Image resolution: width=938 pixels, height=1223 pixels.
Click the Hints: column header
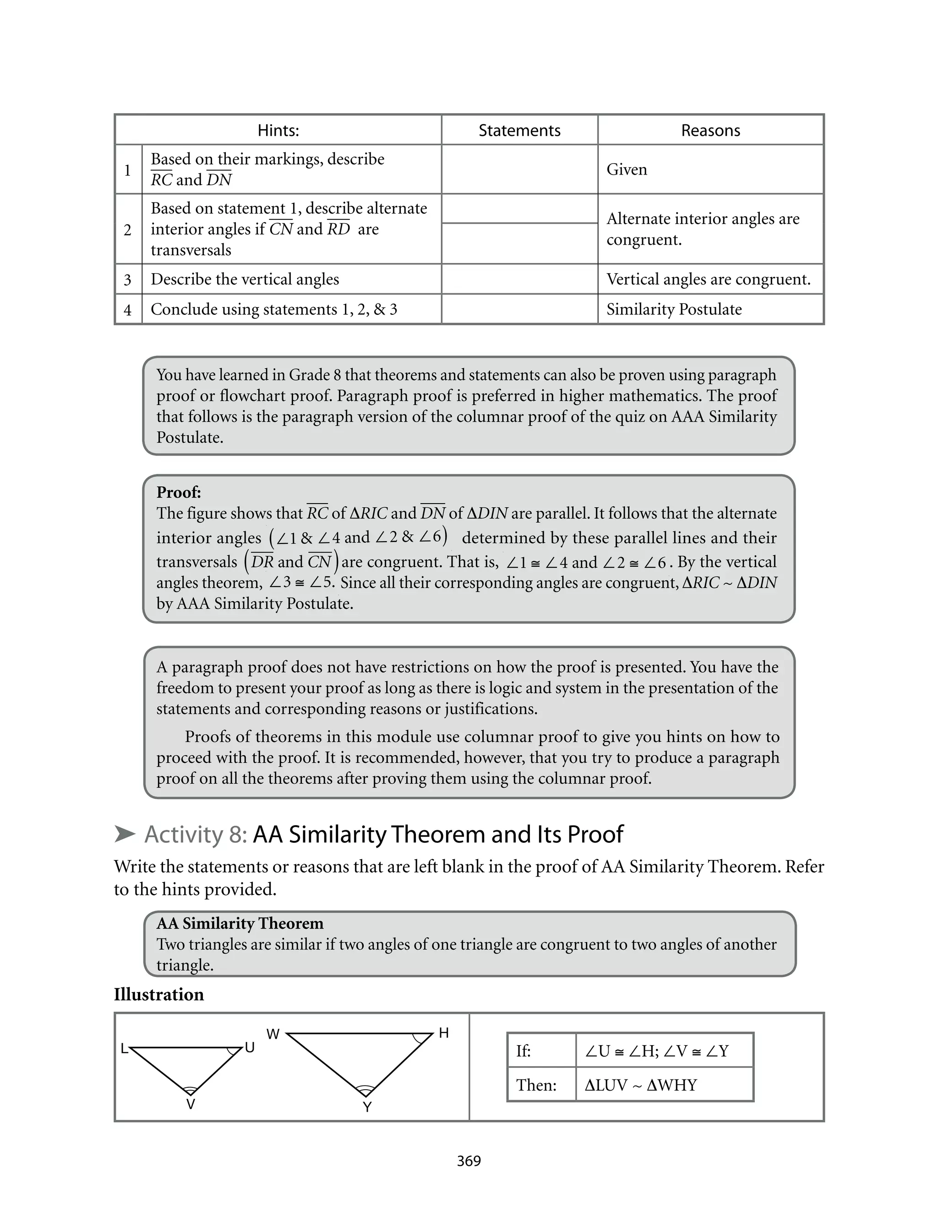coord(278,130)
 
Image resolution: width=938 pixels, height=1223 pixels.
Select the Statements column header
coord(519,130)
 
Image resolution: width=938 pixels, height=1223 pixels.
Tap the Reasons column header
coord(710,130)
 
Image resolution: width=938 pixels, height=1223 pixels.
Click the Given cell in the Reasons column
coord(627,169)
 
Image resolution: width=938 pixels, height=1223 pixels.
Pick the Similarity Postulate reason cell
coord(674,309)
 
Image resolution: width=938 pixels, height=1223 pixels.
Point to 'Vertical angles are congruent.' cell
coord(708,279)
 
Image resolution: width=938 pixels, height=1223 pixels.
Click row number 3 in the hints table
coord(128,279)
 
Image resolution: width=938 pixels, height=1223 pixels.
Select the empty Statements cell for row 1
coord(519,169)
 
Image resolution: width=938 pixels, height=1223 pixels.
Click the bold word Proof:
coord(179,492)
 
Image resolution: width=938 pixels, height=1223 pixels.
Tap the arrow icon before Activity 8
coord(125,834)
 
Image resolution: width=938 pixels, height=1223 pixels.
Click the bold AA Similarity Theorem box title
coord(240,923)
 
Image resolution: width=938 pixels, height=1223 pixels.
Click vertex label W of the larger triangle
coord(273,1034)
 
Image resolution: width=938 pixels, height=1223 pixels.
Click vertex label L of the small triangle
coord(125,1049)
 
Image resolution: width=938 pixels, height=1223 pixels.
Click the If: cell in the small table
coord(523,1051)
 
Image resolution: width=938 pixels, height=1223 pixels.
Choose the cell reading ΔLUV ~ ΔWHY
coord(641,1085)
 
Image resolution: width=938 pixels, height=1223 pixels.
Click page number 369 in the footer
coord(469,1161)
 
